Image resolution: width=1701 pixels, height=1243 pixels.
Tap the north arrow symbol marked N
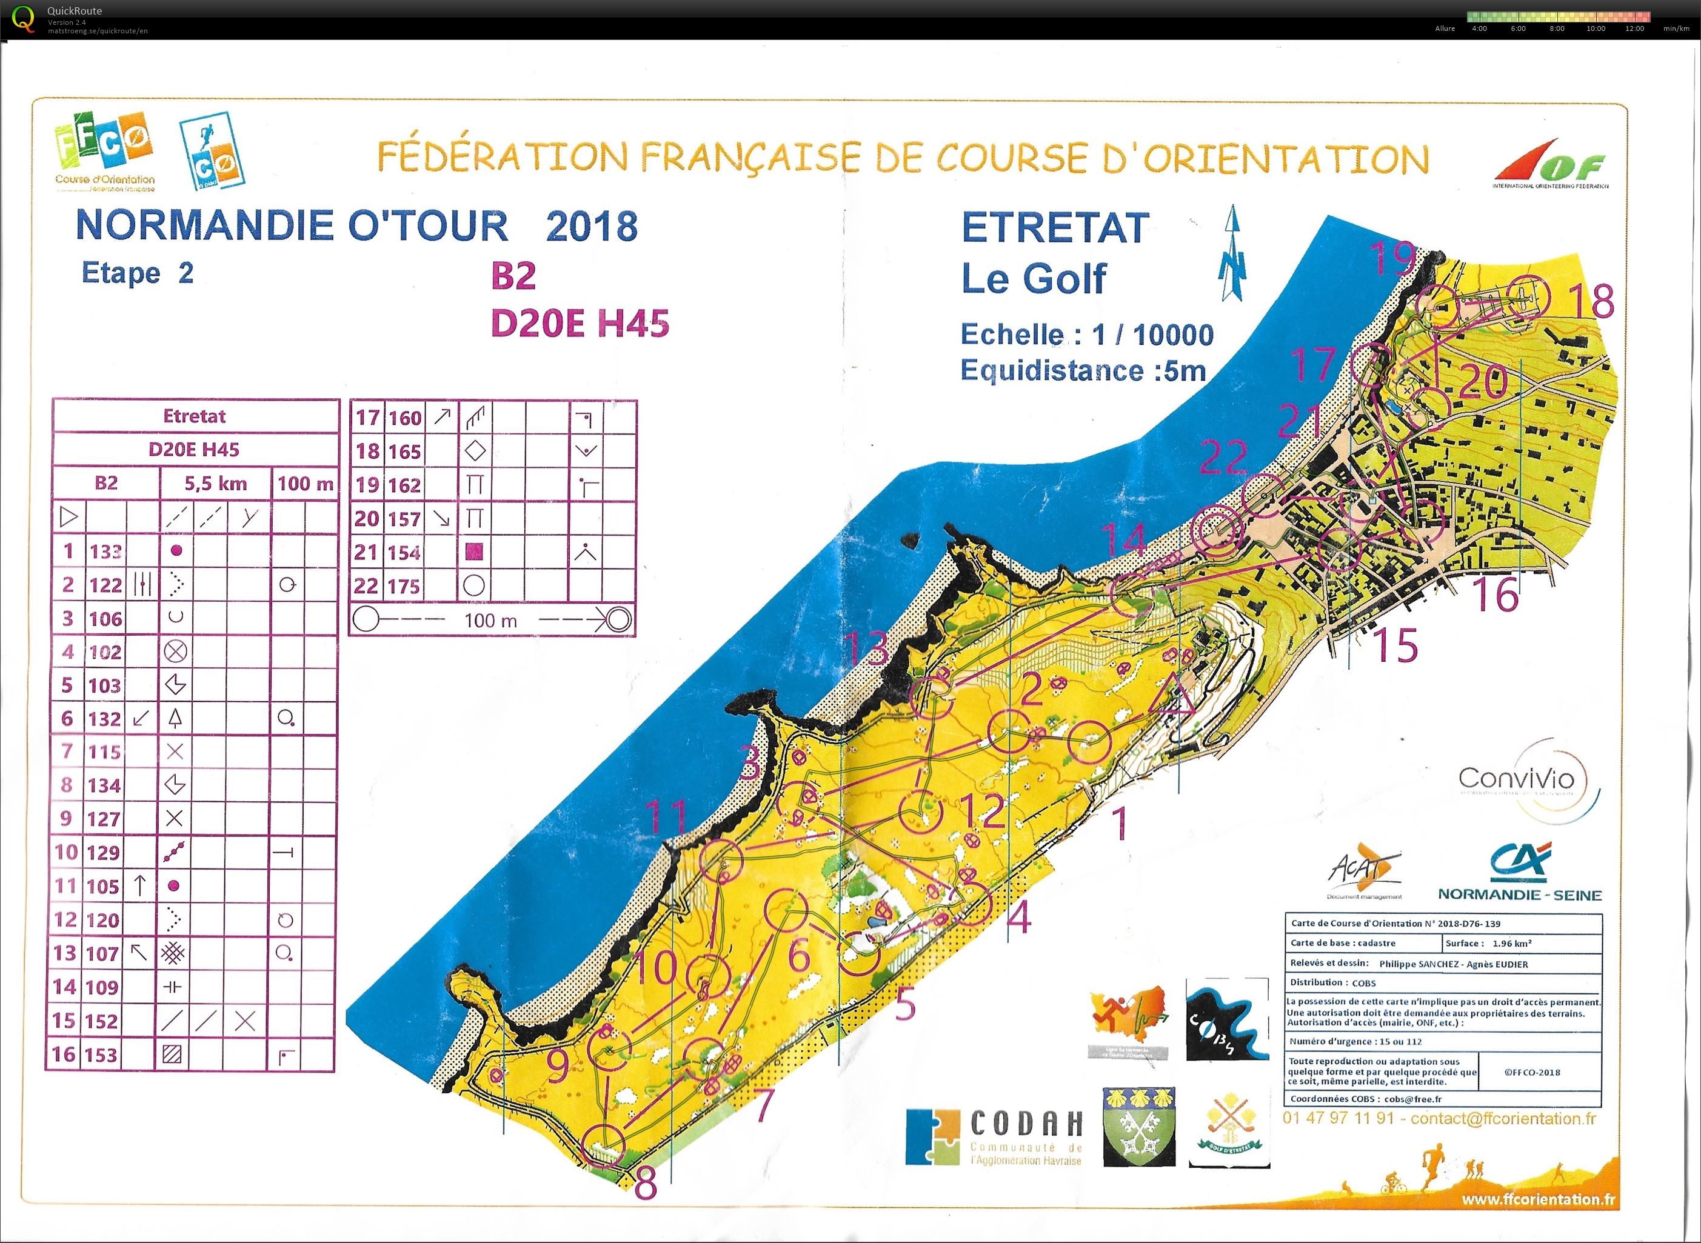tap(1232, 256)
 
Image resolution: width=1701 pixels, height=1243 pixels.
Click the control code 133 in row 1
tap(105, 552)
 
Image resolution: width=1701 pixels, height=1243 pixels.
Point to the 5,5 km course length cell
tap(215, 483)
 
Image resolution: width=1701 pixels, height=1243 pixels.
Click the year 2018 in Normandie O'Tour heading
tap(592, 225)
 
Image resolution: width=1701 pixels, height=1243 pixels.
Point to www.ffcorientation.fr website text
tap(1539, 1199)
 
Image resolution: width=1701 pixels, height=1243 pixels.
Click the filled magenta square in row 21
tap(473, 552)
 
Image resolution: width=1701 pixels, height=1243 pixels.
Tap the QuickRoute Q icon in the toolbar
tap(22, 18)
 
